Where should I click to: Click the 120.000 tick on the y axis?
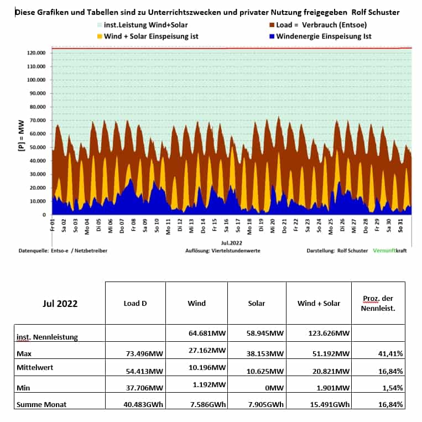(x=36, y=53)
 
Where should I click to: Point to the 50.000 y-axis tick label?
(x=38, y=148)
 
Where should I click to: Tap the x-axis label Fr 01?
(x=53, y=225)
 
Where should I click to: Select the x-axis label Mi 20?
(x=273, y=226)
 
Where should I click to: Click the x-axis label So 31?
(x=400, y=226)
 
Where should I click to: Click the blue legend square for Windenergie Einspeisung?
(x=272, y=37)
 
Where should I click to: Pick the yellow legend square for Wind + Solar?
(x=100, y=37)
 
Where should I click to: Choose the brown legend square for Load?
(x=272, y=25)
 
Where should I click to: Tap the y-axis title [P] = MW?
(x=21, y=136)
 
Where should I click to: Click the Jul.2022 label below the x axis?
(x=231, y=243)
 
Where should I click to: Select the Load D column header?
(x=135, y=303)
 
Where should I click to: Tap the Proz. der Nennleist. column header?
(x=378, y=303)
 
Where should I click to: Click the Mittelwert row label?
(x=35, y=367)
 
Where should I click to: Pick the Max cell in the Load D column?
(x=144, y=353)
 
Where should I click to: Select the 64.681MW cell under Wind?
(x=207, y=333)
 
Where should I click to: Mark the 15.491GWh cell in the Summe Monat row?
(x=330, y=404)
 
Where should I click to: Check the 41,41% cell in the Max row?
(x=390, y=353)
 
